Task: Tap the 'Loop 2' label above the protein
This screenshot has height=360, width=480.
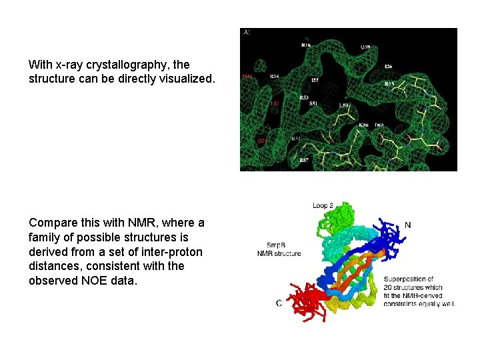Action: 323,205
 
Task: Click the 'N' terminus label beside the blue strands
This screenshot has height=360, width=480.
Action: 407,225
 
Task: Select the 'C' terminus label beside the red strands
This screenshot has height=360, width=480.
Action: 279,303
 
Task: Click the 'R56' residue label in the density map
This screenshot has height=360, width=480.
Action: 306,45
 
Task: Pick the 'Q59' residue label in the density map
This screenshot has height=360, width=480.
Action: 365,47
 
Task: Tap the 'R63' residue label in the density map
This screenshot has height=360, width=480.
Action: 389,84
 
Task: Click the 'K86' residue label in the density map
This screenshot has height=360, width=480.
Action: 363,125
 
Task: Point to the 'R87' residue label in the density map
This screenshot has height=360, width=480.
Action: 304,160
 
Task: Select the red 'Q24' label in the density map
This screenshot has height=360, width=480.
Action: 263,141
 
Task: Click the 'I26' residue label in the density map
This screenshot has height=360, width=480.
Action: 389,66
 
